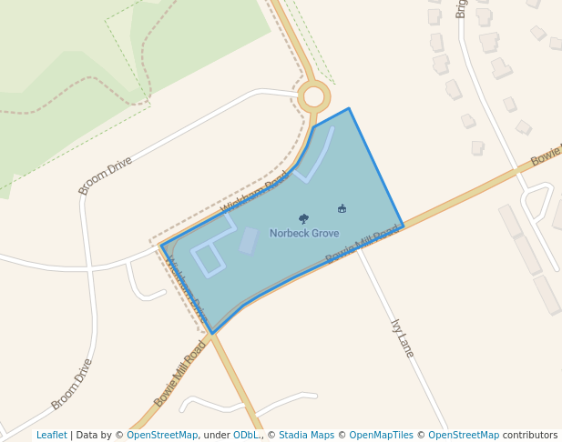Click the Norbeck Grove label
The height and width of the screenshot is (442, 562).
(x=304, y=234)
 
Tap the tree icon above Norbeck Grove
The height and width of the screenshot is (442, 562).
(x=303, y=218)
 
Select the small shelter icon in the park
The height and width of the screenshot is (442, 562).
(x=342, y=209)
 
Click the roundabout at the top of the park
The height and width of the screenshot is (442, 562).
(x=314, y=95)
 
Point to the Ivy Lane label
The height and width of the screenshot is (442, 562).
(x=402, y=337)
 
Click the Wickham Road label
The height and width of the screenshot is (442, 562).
(x=254, y=193)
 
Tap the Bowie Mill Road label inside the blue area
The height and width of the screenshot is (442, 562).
(x=362, y=245)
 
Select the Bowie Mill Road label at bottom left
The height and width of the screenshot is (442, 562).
(x=180, y=374)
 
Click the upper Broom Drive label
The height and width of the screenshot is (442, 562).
(x=106, y=175)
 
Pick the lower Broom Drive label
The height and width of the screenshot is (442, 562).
(x=72, y=384)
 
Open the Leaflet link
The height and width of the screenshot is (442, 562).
(x=51, y=435)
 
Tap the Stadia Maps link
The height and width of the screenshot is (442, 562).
(x=306, y=435)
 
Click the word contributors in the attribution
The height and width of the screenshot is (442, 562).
(x=529, y=435)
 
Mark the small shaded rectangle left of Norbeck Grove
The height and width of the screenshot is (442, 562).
(x=248, y=240)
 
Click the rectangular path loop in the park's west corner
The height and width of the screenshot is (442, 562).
(x=208, y=259)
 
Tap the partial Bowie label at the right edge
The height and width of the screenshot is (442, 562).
(x=547, y=156)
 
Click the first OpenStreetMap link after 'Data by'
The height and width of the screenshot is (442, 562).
(x=162, y=435)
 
